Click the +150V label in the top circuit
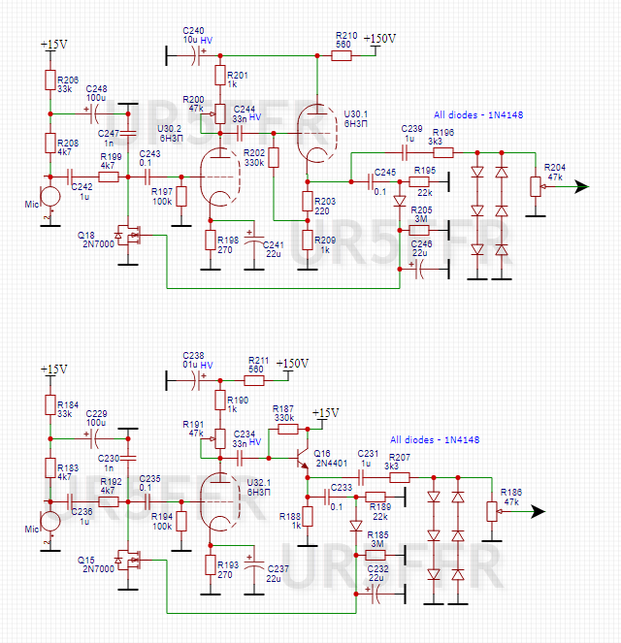(x=380, y=38)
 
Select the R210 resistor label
(x=344, y=39)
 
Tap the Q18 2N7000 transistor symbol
(x=125, y=234)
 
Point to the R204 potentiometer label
(x=556, y=172)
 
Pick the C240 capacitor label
(x=193, y=35)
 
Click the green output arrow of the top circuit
(x=580, y=186)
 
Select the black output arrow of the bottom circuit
(x=537, y=511)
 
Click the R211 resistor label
(x=257, y=364)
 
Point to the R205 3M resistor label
(x=422, y=214)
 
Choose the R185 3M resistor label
(x=377, y=539)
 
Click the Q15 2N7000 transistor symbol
(x=125, y=560)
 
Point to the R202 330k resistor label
(x=254, y=158)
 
